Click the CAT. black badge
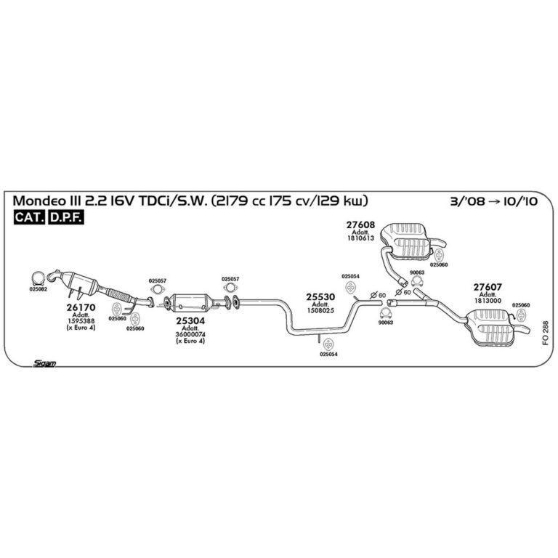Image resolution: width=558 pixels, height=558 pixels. pyautogui.click(x=30, y=217)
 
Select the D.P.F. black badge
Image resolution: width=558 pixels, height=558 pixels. pyautogui.click(x=66, y=217)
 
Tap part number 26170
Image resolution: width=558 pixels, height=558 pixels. pyautogui.click(x=81, y=307)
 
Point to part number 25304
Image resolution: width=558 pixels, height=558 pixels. pyautogui.click(x=190, y=321)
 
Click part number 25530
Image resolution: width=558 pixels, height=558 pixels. pyautogui.click(x=320, y=296)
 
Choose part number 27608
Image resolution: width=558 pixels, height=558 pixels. pyautogui.click(x=360, y=225)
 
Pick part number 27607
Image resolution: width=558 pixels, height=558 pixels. pyautogui.click(x=488, y=287)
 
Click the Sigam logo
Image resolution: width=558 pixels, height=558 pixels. pyautogui.click(x=44, y=363)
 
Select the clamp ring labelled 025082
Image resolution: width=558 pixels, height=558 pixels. pyautogui.click(x=38, y=278)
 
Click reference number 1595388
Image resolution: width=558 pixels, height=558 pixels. pyautogui.click(x=81, y=321)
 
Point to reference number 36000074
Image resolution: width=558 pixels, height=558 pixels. pyautogui.click(x=190, y=334)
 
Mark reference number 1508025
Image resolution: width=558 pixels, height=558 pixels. pyautogui.click(x=320, y=310)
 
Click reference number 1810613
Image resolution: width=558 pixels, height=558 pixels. pyautogui.click(x=360, y=238)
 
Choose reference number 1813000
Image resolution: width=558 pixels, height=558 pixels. pyautogui.click(x=488, y=301)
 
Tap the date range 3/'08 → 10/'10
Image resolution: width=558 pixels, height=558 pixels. pyautogui.click(x=494, y=201)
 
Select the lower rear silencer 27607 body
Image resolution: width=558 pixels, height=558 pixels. pyautogui.click(x=493, y=326)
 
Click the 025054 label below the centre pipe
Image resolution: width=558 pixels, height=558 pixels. pyautogui.click(x=328, y=355)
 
